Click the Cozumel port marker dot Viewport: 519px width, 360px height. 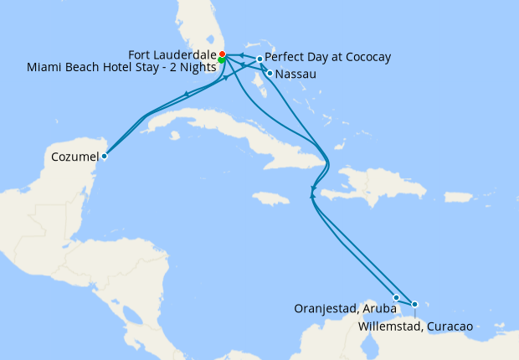point(104,155)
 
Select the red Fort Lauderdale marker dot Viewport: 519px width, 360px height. point(222,54)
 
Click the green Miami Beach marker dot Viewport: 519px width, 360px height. point(221,60)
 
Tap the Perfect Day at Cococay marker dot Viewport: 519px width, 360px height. point(260,59)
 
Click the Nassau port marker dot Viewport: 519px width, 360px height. point(269,74)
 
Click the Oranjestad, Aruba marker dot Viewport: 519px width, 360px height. point(396,297)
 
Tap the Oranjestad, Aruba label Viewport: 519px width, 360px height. point(345,308)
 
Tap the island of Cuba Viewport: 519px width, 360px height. point(218,134)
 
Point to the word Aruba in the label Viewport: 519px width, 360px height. point(381,308)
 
